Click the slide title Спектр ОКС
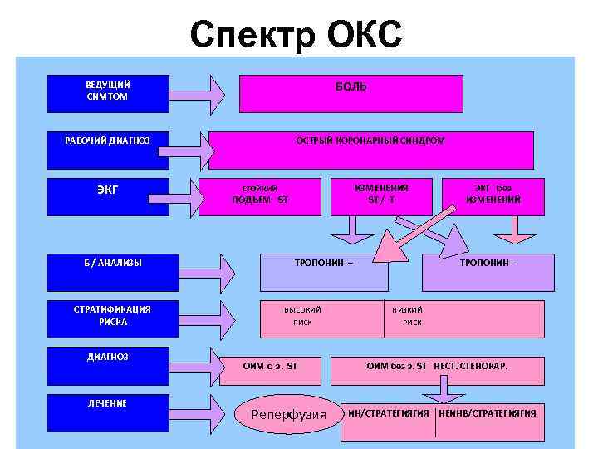296,35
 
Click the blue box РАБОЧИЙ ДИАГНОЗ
108,141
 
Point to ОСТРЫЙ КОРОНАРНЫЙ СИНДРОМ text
370,141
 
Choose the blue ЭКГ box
108,190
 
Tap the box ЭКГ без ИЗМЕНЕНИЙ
493,194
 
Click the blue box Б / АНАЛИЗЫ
108,264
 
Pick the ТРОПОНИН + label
324,263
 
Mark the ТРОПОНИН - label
488,263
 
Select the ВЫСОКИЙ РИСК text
303,316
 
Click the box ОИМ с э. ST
270,365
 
